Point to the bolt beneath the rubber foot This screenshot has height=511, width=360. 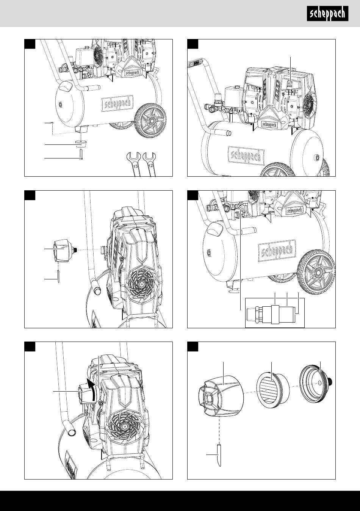click(x=81, y=155)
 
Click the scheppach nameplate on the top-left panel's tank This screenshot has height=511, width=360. click(x=117, y=104)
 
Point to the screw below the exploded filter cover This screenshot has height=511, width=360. click(x=219, y=455)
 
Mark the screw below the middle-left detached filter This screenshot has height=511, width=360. click(x=59, y=276)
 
